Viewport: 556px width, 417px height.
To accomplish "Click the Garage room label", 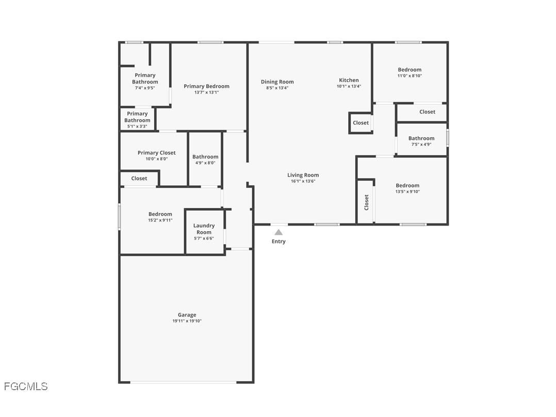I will (x=187, y=315).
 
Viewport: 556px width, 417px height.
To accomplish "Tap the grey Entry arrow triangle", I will (x=279, y=232).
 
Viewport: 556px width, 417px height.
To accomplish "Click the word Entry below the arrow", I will (x=279, y=242).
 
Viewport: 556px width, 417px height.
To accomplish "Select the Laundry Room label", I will (x=204, y=229).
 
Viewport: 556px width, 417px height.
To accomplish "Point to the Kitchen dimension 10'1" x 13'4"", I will (x=349, y=87).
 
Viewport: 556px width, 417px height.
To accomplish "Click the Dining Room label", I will (x=277, y=82).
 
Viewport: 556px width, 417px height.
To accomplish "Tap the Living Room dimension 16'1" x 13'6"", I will (x=303, y=181).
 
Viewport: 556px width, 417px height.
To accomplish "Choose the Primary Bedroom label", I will (x=206, y=86).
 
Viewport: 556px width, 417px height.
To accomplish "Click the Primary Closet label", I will (x=156, y=153).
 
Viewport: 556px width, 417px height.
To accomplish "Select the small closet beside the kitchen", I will (x=361, y=123).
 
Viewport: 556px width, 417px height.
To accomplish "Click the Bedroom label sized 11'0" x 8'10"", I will (x=410, y=70).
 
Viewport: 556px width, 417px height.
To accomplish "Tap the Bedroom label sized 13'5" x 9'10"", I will (x=407, y=185).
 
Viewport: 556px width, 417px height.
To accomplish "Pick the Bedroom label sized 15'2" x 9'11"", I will (x=160, y=214).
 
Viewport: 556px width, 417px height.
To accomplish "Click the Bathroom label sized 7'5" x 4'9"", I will (x=421, y=138).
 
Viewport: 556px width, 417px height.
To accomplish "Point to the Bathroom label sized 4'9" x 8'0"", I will (x=205, y=157).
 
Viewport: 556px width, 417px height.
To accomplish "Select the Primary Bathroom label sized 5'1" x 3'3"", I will (x=137, y=117).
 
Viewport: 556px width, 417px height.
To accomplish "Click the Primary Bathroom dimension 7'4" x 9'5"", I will (x=145, y=88).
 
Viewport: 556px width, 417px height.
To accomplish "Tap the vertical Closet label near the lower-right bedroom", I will (x=367, y=202).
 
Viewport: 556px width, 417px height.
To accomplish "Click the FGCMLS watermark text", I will (x=26, y=386).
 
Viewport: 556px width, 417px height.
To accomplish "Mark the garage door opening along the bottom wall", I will (x=183, y=382).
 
